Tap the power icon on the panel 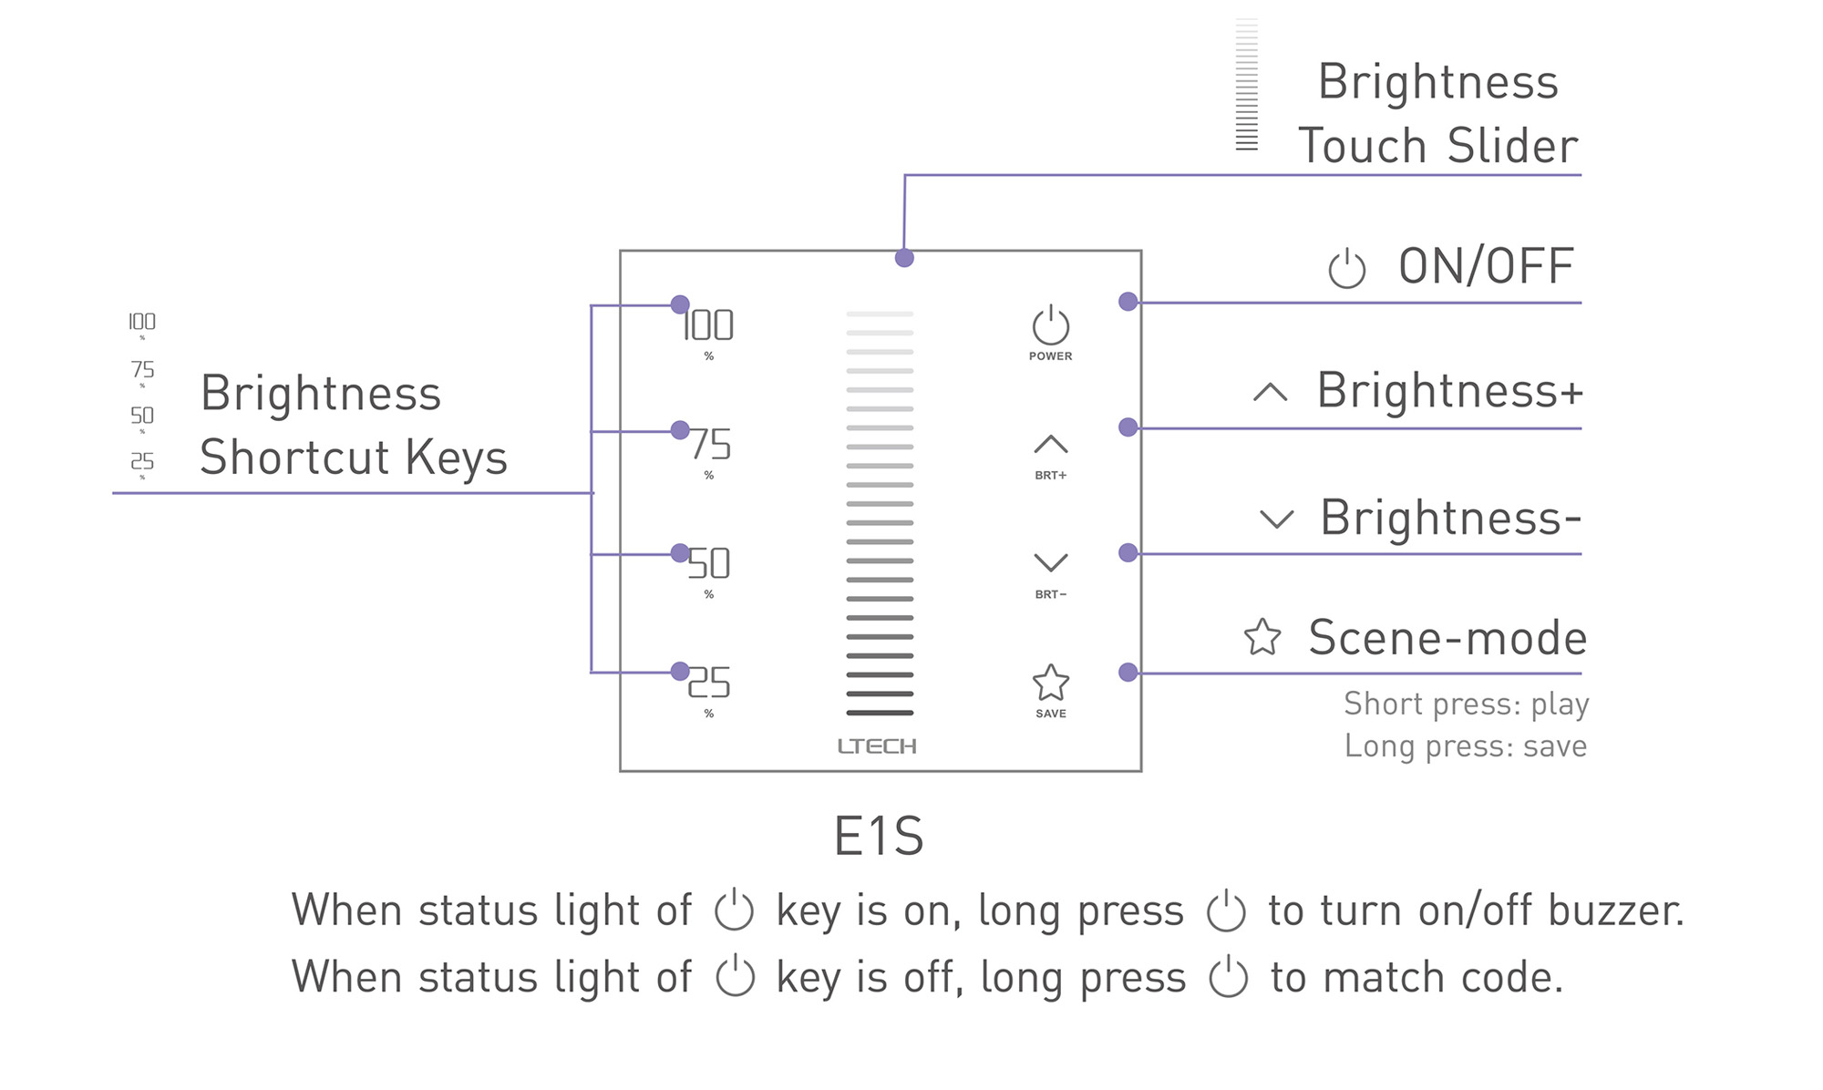click(1050, 325)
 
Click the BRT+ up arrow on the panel click(1050, 445)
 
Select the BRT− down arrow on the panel click(1050, 562)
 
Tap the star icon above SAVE click(1050, 682)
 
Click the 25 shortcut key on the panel click(709, 683)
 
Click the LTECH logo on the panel click(877, 746)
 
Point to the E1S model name click(879, 836)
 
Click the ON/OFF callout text click(1486, 266)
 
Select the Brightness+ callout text click(1449, 391)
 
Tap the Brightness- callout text click(1449, 518)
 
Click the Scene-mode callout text click(1447, 637)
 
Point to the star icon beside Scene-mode click(1262, 637)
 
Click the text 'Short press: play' click(1466, 704)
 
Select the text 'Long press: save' click(1465, 746)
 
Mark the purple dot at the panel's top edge click(904, 258)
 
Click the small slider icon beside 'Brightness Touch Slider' click(1246, 84)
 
